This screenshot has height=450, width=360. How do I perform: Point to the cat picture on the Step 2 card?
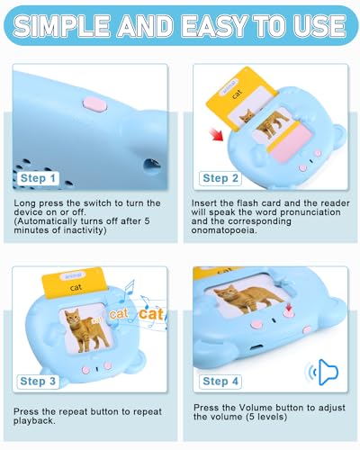pos(267,129)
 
